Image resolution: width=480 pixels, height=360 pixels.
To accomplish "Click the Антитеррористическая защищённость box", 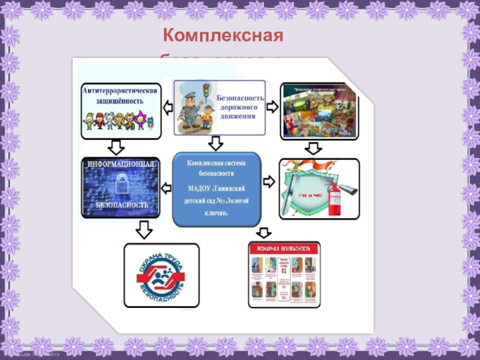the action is [x=122, y=109].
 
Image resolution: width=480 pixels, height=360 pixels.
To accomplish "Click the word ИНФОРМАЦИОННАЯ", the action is [x=122, y=163].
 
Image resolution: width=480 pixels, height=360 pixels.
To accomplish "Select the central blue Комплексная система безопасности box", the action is [x=217, y=188].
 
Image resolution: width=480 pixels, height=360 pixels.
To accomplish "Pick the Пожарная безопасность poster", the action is [x=284, y=275].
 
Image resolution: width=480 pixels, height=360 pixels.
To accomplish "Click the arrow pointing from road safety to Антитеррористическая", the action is [x=168, y=108].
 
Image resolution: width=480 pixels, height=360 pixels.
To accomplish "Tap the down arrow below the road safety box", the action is [x=217, y=143].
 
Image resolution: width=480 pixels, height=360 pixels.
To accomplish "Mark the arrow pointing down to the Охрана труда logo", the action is [x=143, y=229].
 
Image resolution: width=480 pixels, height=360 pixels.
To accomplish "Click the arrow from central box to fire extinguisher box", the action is [x=269, y=180].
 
